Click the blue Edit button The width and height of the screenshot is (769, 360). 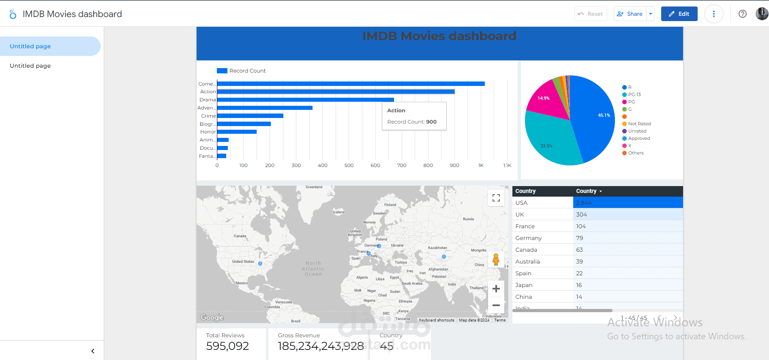(x=679, y=14)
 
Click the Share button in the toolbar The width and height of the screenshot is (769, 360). (x=630, y=14)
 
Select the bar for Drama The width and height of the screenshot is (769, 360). (x=305, y=100)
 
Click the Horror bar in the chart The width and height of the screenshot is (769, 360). (x=237, y=132)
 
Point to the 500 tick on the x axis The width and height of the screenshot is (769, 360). (x=349, y=165)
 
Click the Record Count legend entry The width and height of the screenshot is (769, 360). (x=242, y=71)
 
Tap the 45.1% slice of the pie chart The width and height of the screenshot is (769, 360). (x=594, y=118)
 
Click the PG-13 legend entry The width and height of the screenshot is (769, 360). (x=634, y=95)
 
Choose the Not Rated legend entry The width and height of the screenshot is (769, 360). (x=639, y=124)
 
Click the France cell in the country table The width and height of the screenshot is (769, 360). (x=525, y=226)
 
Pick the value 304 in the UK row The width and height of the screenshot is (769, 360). (x=581, y=214)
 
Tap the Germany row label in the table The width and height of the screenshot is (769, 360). (x=528, y=238)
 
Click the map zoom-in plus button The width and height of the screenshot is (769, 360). (x=496, y=289)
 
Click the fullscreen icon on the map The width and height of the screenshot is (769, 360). (x=496, y=198)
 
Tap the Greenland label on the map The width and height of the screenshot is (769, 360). (x=314, y=187)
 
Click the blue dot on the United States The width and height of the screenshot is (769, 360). (x=260, y=264)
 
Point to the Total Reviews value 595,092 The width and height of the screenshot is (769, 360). (x=227, y=346)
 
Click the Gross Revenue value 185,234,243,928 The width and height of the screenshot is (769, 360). (x=321, y=346)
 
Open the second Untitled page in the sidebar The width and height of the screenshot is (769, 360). (x=30, y=66)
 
